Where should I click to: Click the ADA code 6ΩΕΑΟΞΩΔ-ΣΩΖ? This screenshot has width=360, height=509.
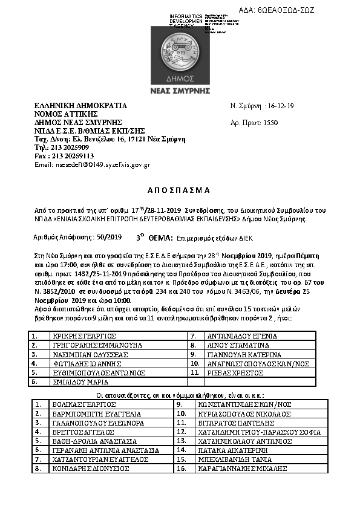click(x=286, y=11)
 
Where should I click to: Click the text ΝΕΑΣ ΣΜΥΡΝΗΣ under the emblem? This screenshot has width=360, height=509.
click(x=179, y=91)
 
